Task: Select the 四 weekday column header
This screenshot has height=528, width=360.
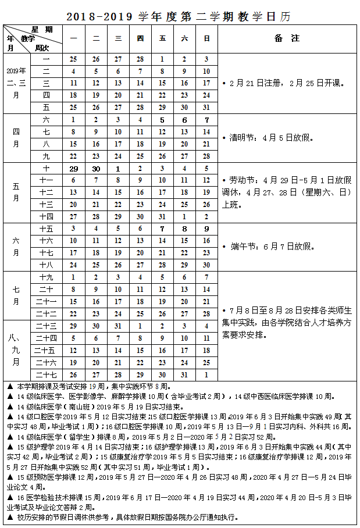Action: [x=140, y=38]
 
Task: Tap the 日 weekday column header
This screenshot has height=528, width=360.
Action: [x=206, y=38]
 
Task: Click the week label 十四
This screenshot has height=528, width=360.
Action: [x=47, y=216]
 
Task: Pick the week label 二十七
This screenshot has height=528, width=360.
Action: [x=47, y=375]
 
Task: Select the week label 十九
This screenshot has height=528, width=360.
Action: [x=47, y=277]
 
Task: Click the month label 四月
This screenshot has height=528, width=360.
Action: [x=16, y=137]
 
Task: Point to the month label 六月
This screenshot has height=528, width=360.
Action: [x=16, y=247]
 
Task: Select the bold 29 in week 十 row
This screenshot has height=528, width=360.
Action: [x=73, y=168]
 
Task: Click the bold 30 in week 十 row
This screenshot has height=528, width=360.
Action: [x=96, y=168]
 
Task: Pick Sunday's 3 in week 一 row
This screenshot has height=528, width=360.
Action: [x=206, y=59]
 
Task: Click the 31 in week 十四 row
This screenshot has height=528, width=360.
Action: [x=162, y=216]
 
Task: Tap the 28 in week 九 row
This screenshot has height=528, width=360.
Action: [x=206, y=156]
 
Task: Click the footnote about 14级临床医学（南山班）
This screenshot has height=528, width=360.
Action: [x=105, y=407]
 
